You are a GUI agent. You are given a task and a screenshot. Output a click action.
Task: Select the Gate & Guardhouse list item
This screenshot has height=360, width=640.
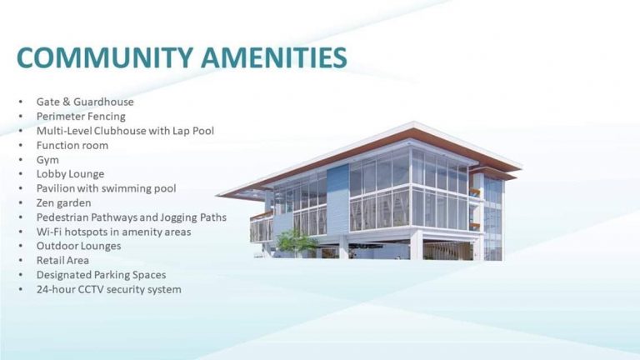point(85,102)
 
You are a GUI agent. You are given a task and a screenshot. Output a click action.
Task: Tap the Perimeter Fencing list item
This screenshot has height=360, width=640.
point(81,116)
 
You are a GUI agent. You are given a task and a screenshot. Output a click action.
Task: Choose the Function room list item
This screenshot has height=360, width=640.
point(72,145)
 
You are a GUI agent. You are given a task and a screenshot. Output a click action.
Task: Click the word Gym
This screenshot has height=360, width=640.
point(47,159)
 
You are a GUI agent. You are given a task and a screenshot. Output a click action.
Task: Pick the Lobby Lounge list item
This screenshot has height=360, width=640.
point(70,173)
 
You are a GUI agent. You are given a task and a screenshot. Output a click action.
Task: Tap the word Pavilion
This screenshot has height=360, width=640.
point(57,188)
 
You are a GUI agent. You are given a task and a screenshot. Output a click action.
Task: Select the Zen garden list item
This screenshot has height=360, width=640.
point(64,202)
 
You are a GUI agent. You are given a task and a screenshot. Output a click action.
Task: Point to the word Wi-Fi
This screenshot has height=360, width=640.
point(49,232)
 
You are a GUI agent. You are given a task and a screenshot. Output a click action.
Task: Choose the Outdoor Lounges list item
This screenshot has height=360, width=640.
point(78,246)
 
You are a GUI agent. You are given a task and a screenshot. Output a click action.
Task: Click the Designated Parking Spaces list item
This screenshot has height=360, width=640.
point(101,274)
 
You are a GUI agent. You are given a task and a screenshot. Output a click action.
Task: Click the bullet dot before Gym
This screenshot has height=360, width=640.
point(21,159)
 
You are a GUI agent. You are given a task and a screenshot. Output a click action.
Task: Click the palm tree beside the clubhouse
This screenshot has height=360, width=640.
point(297,242)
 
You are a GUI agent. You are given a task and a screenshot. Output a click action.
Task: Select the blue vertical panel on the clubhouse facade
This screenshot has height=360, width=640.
point(337,200)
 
